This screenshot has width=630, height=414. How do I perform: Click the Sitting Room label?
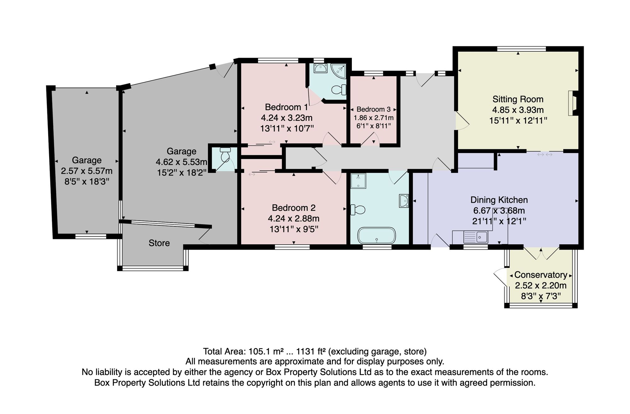point(518,99)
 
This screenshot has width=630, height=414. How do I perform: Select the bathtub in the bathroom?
point(376,235)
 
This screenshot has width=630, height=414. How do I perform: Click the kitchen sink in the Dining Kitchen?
point(476,237)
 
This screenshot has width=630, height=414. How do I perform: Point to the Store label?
point(159,243)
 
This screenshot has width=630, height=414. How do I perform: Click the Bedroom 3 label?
point(374,109)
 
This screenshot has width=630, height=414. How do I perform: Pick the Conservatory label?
point(541,275)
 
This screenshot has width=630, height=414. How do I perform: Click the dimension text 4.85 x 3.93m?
point(518,110)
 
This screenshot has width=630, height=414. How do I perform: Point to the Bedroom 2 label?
point(294,208)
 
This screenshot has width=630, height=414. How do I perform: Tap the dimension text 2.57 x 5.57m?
point(87,171)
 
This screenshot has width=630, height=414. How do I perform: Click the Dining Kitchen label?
point(499,200)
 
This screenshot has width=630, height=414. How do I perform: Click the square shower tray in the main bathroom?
point(358,181)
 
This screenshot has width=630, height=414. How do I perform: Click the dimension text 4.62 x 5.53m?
point(181,162)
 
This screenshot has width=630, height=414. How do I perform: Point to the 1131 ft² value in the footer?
point(311,351)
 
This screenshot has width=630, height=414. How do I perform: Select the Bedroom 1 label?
point(286,107)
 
